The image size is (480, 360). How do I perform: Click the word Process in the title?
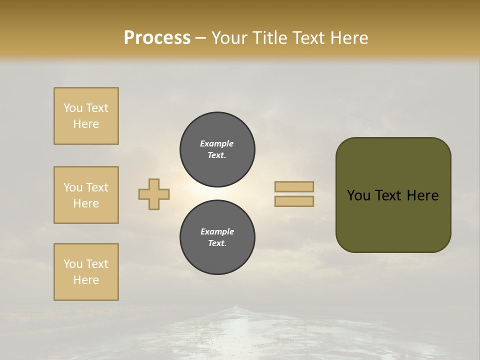(157, 38)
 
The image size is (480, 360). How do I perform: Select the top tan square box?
(86, 116)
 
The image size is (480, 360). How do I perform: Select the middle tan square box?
(86, 195)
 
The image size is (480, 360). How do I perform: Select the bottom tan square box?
(86, 272)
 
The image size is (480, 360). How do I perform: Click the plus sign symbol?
(154, 194)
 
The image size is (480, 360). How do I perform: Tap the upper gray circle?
(217, 149)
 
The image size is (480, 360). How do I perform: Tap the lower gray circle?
(217, 237)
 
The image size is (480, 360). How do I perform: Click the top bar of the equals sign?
(294, 186)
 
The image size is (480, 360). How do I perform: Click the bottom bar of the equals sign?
(294, 201)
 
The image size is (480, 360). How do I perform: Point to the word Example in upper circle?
(216, 143)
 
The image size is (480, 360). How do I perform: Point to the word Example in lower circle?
(217, 231)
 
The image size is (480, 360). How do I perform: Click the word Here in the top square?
(86, 124)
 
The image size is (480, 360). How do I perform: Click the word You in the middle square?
(72, 187)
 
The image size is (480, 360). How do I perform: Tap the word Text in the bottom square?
(97, 264)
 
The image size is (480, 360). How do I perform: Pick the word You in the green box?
(358, 195)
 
